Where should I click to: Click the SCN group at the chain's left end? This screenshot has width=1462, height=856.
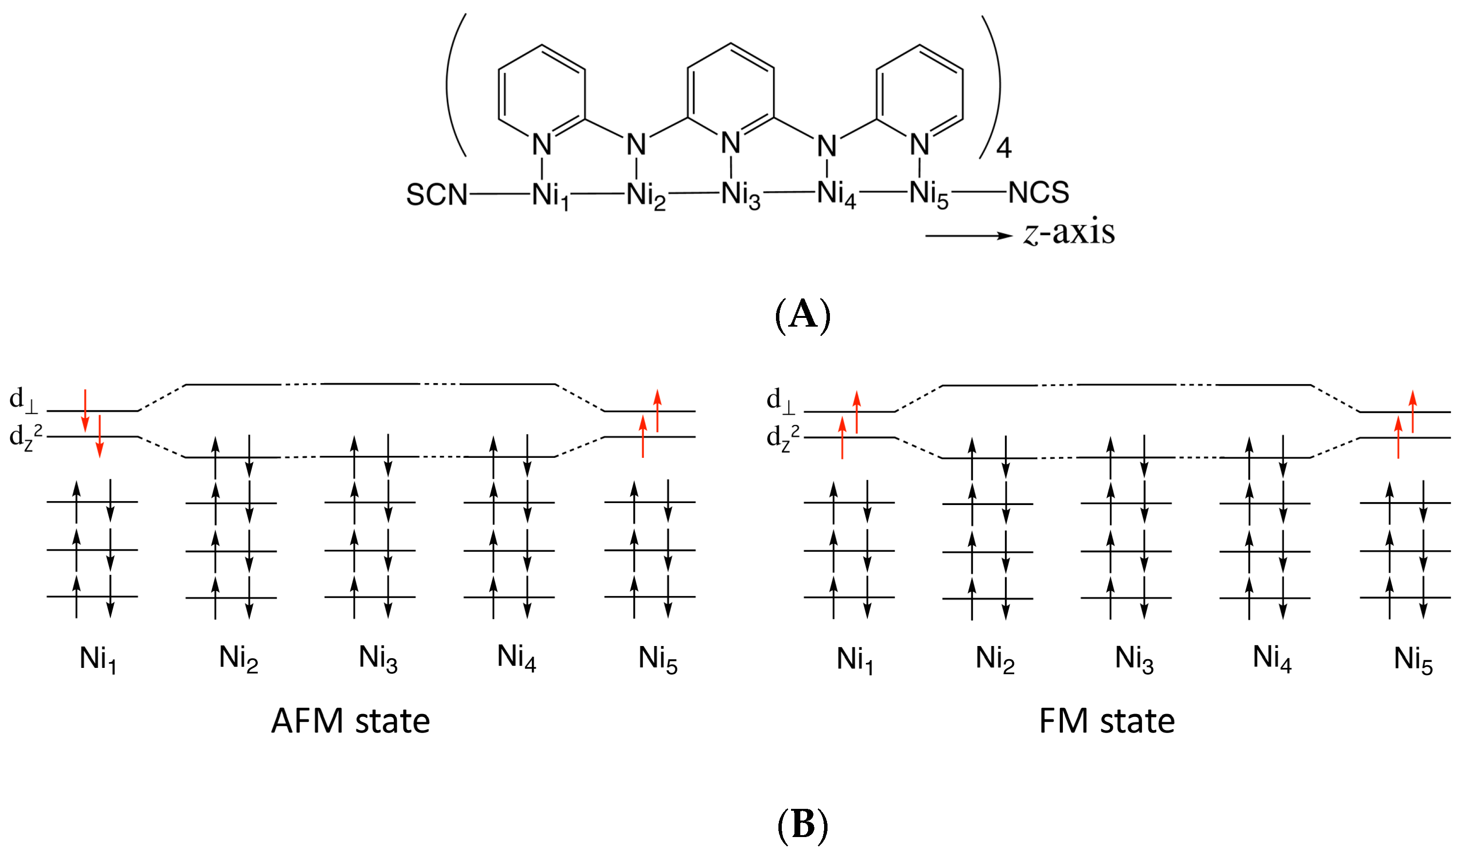[436, 194]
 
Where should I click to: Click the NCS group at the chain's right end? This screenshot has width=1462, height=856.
[1039, 192]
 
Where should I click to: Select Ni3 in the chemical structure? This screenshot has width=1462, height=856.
[740, 194]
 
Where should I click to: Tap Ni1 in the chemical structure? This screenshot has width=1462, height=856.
[550, 195]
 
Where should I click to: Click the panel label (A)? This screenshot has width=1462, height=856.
[803, 315]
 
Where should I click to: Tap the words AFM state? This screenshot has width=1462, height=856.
[351, 721]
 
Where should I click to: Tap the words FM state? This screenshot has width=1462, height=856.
[1107, 721]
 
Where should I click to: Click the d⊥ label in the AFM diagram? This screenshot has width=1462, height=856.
[23, 400]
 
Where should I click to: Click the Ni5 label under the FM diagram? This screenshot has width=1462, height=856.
[1413, 661]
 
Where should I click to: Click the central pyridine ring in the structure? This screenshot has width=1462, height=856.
[730, 87]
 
